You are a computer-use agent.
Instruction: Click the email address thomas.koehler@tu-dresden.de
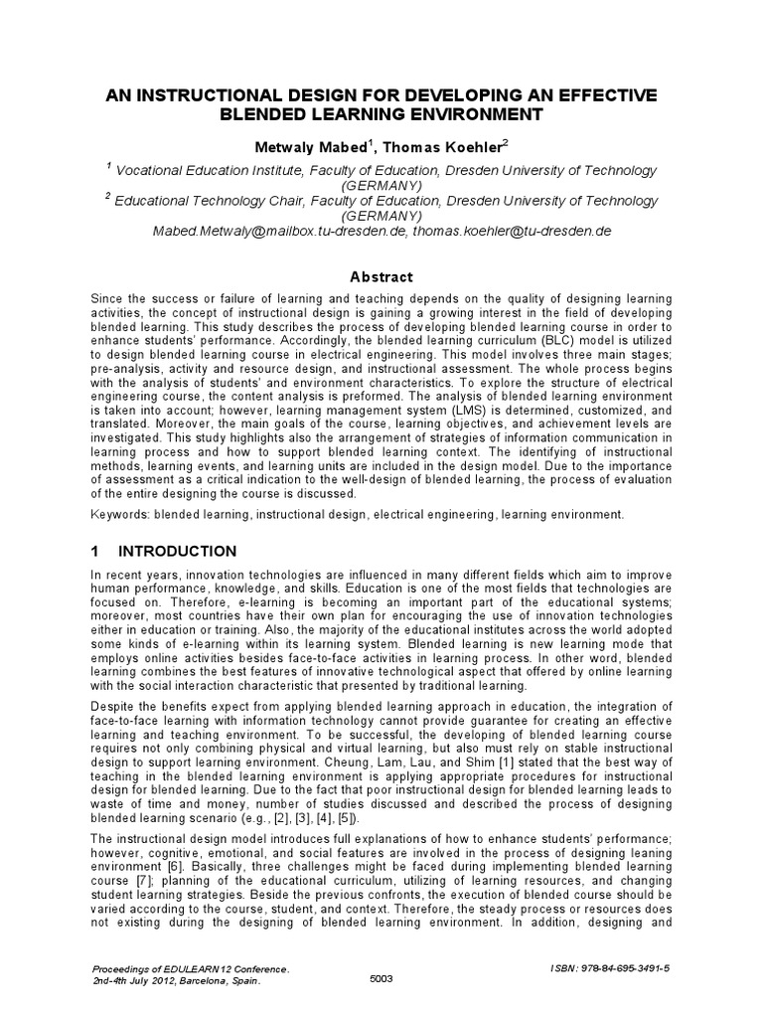click(512, 231)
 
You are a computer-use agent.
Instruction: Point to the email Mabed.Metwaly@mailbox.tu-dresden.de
click(279, 231)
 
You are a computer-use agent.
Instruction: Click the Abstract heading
click(381, 277)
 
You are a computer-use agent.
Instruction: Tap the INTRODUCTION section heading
click(178, 552)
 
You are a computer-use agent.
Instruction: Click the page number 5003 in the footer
click(381, 979)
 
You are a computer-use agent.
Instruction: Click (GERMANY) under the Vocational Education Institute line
click(381, 185)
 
